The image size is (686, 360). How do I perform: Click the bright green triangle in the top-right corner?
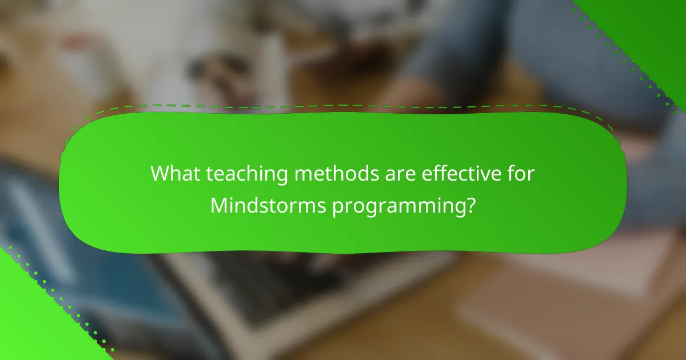coord(657,23)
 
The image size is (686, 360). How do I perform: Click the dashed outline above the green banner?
coord(343,105)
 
